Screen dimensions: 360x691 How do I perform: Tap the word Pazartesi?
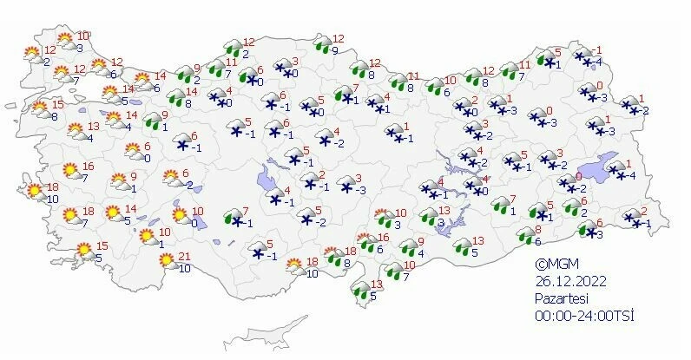pyautogui.click(x=560, y=298)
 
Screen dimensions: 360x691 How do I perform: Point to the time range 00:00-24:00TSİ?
pyautogui.click(x=584, y=315)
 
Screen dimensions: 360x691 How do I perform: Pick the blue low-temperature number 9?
pyautogui.click(x=334, y=51)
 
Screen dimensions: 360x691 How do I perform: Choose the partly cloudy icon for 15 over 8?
pyautogui.click(x=39, y=109)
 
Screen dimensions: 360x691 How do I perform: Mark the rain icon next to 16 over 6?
pyautogui.click(x=365, y=243)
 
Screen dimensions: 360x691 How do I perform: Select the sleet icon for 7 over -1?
pyautogui.click(x=232, y=217)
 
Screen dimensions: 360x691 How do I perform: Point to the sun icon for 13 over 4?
pyautogui.click(x=74, y=131)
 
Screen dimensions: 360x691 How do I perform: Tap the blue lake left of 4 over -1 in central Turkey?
pyautogui.click(x=264, y=181)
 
